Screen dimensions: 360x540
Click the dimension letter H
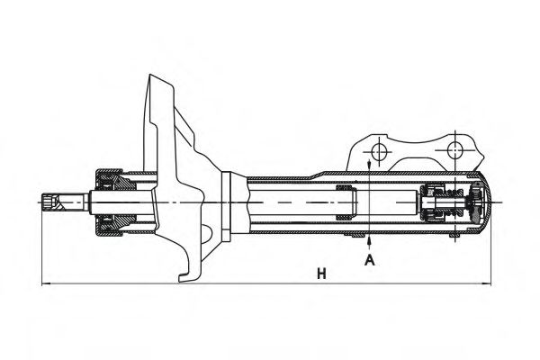[320, 272]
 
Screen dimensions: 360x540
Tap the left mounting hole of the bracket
[379, 148]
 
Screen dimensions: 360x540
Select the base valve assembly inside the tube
[445, 203]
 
